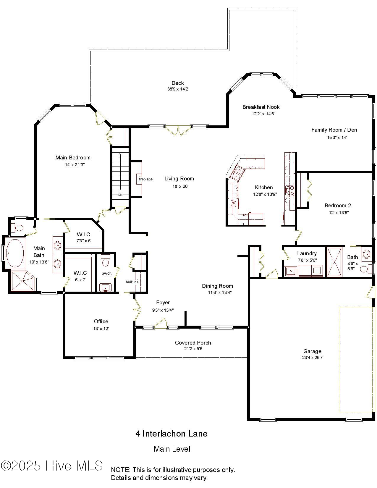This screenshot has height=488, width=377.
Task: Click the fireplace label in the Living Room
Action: tap(145, 179)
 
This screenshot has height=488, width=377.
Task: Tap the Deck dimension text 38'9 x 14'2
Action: tap(177, 89)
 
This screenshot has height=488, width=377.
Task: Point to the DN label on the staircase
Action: tap(120, 195)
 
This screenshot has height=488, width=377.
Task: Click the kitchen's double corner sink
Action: tap(237, 173)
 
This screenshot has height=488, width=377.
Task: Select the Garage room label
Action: tap(312, 351)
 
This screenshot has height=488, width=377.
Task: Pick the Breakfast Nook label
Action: tap(261, 107)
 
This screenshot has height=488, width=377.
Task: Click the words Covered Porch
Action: tap(193, 343)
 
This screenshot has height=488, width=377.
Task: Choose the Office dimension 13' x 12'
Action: tap(101, 329)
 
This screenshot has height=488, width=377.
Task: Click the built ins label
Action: tap(132, 282)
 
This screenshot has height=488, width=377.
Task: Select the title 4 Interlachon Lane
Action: tap(171, 434)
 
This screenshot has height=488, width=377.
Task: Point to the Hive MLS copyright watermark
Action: tap(52, 466)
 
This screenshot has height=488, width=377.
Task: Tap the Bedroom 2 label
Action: tap(338, 206)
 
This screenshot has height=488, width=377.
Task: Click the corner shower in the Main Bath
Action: tap(22, 281)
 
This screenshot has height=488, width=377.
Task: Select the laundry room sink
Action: tap(291, 270)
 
